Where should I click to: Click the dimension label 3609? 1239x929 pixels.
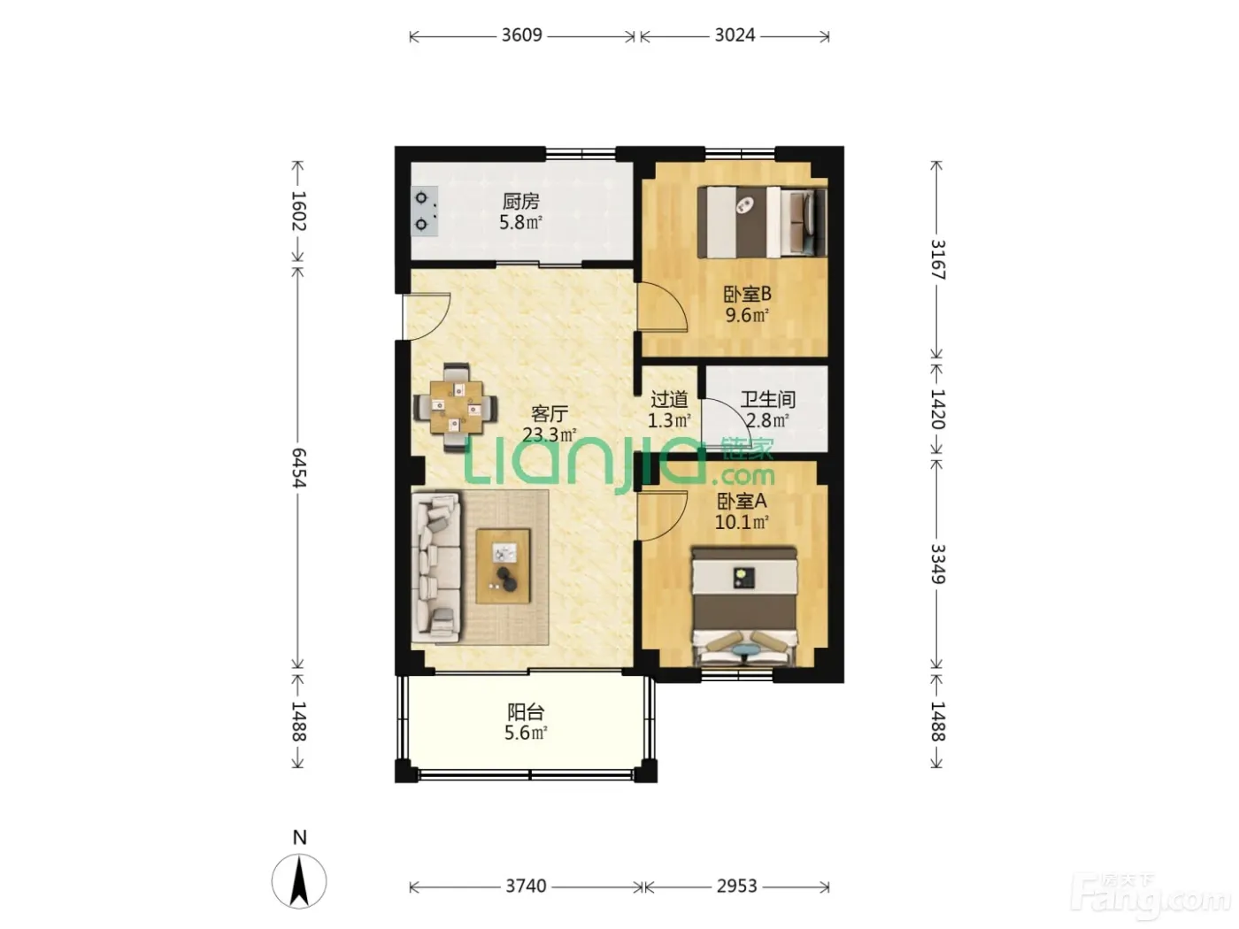pyautogui.click(x=521, y=35)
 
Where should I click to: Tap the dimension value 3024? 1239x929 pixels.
pyautogui.click(x=735, y=35)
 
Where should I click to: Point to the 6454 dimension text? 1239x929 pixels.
pyautogui.click(x=298, y=468)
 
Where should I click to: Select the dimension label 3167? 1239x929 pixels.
pyautogui.click(x=937, y=259)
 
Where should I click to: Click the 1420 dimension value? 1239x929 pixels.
pyautogui.click(x=937, y=409)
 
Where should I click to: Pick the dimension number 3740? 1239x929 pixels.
pyautogui.click(x=526, y=887)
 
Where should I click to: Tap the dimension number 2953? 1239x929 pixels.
pyautogui.click(x=736, y=887)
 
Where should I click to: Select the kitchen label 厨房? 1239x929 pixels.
pyautogui.click(x=521, y=202)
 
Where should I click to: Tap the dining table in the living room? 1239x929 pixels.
pyautogui.click(x=456, y=407)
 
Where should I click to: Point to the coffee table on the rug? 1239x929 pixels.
pyautogui.click(x=503, y=566)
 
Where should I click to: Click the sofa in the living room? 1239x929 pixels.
pyautogui.click(x=435, y=567)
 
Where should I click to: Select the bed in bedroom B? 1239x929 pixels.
pyautogui.click(x=762, y=222)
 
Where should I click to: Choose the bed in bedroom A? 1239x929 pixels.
pyautogui.click(x=745, y=607)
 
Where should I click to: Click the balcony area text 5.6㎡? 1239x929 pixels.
pyautogui.click(x=526, y=733)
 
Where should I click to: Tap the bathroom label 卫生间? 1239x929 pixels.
pyautogui.click(x=767, y=399)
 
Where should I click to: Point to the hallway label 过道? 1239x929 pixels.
pyautogui.click(x=669, y=399)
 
